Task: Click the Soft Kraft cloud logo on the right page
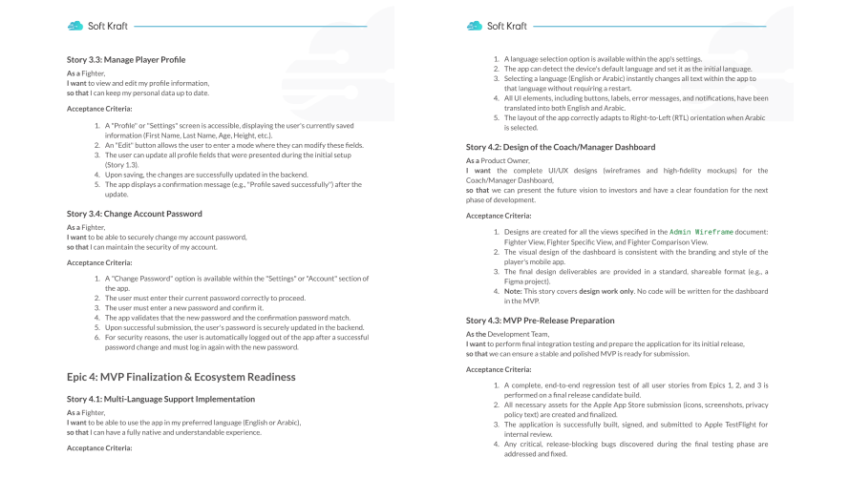coord(475,26)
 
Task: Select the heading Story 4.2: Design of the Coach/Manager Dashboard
coord(561,147)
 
